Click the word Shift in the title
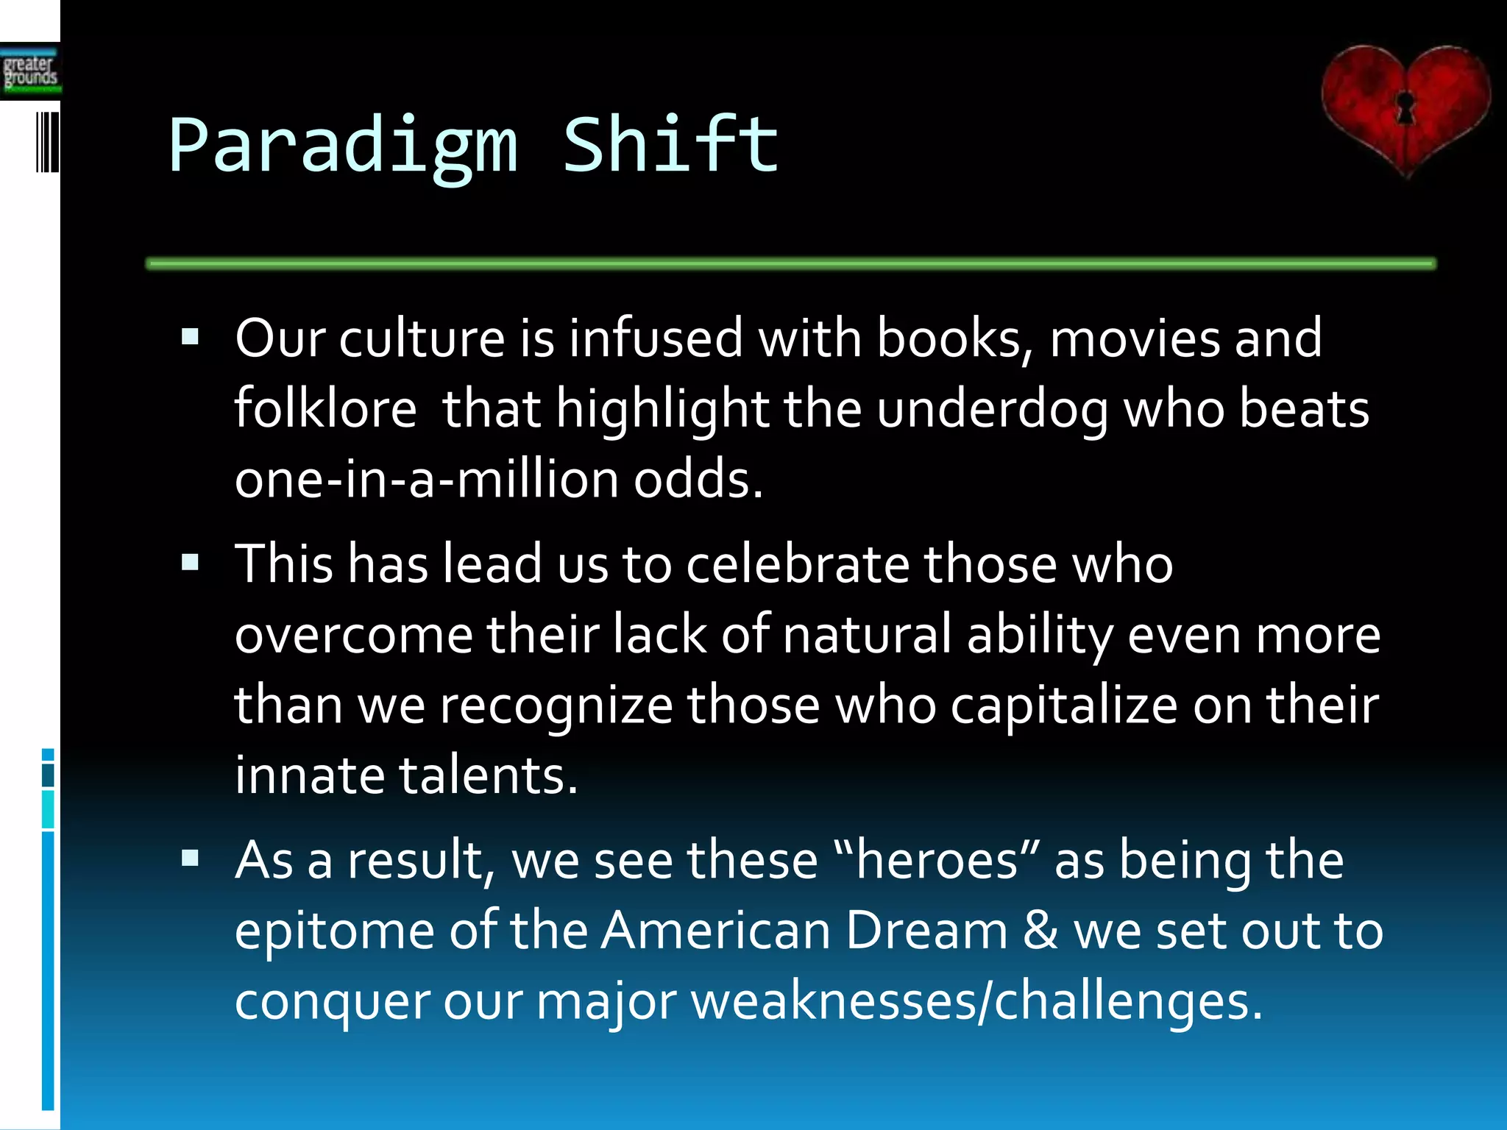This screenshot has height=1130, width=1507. [670, 145]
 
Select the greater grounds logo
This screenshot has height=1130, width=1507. [29, 71]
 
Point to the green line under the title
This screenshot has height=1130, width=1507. [791, 263]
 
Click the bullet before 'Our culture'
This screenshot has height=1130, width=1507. [191, 338]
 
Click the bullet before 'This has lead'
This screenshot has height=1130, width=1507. [191, 564]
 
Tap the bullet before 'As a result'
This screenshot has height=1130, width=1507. [191, 858]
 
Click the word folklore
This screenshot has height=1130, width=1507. [325, 408]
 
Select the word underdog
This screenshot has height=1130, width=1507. [993, 410]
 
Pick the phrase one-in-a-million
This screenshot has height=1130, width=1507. [426, 479]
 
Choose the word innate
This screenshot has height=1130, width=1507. [309, 775]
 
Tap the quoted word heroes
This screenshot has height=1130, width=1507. [937, 859]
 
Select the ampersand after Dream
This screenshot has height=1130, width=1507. [1040, 930]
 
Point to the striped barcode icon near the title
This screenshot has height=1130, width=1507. [48, 142]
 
